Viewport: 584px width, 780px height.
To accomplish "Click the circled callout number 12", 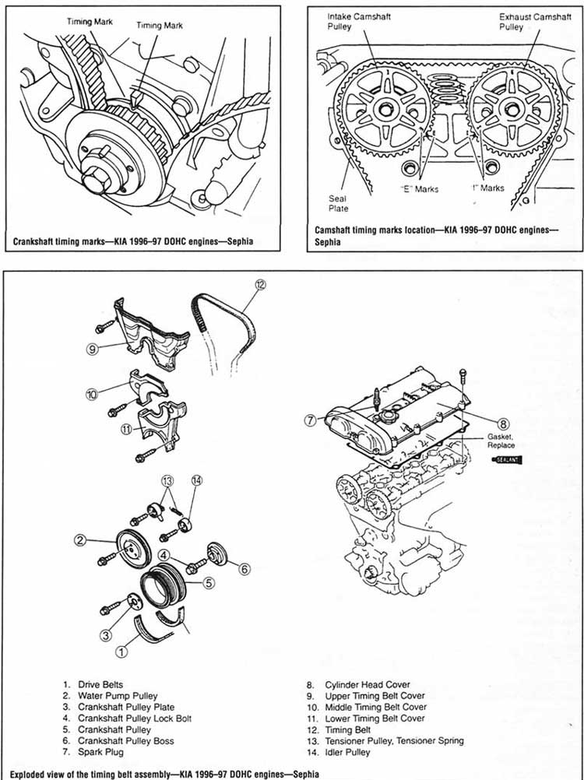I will point(261,285).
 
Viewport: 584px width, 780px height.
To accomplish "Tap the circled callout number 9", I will point(92,349).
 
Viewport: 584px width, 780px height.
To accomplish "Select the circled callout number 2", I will point(79,539).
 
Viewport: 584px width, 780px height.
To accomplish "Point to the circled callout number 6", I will point(244,569).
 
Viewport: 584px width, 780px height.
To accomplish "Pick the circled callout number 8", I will point(504,424).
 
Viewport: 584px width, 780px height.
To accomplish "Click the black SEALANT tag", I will point(508,461).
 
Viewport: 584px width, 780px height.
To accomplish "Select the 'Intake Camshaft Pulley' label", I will point(348,21).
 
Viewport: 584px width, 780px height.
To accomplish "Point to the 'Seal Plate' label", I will point(339,203).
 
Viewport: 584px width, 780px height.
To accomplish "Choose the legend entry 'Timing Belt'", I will point(337,729).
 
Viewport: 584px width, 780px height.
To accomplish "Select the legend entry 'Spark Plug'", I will point(98,752).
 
